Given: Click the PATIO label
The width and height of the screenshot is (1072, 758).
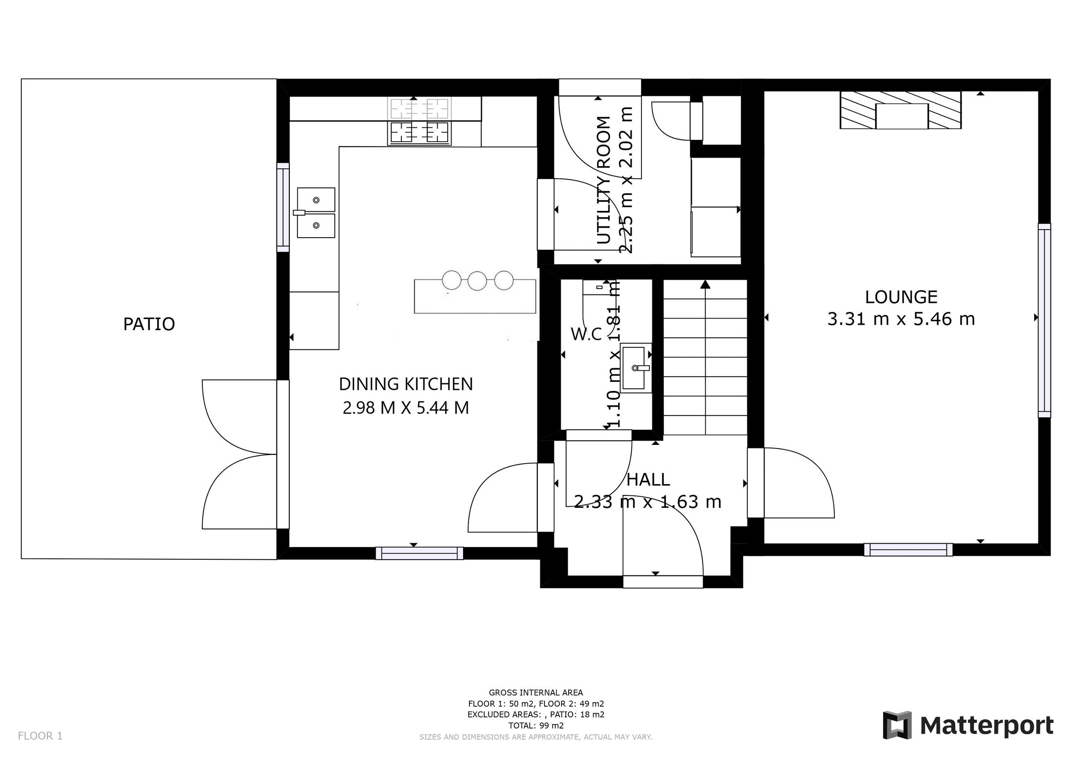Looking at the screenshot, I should point(149,324).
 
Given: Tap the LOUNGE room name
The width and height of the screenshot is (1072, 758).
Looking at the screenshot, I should point(900,297).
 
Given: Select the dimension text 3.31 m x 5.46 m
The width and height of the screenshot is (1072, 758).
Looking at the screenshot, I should point(900,319).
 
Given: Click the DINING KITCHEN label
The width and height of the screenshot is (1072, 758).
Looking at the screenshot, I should point(406,384).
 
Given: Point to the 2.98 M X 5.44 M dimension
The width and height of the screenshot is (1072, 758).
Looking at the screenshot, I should point(406,408).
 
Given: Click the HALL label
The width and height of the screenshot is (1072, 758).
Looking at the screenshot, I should point(648,480).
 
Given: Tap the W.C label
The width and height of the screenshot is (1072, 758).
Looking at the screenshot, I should point(586,335).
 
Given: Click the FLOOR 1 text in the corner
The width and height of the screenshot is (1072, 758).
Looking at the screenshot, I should point(40,736).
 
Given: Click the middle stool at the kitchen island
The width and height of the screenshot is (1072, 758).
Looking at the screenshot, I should point(477,281).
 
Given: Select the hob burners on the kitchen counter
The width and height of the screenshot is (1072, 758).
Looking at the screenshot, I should point(419,132).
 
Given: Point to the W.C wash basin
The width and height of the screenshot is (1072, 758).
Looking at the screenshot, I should point(636,368).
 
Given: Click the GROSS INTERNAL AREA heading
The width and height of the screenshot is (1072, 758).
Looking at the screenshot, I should point(536,693).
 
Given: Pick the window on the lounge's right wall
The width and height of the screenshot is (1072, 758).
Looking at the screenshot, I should point(1044,320).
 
